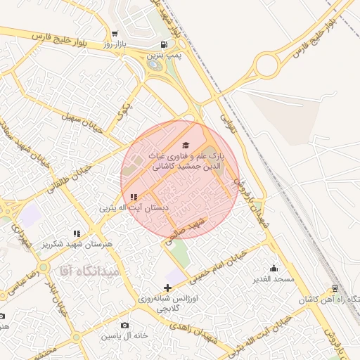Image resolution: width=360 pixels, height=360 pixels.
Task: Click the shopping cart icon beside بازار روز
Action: coord(115,33)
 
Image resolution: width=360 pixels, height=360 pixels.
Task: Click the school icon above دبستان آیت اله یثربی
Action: coord(134,198)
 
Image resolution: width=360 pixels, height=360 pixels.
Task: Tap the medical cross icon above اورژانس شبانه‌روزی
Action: coord(167,288)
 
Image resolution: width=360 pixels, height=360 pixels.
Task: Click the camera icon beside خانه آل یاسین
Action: coord(125,325)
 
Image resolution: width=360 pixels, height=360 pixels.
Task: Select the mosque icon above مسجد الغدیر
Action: coord(274,268)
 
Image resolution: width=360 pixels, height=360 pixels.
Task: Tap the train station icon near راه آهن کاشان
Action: coord(335,288)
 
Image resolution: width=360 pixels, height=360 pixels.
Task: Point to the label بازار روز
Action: coord(95,44)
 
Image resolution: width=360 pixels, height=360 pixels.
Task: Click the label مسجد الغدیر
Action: coord(274,279)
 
